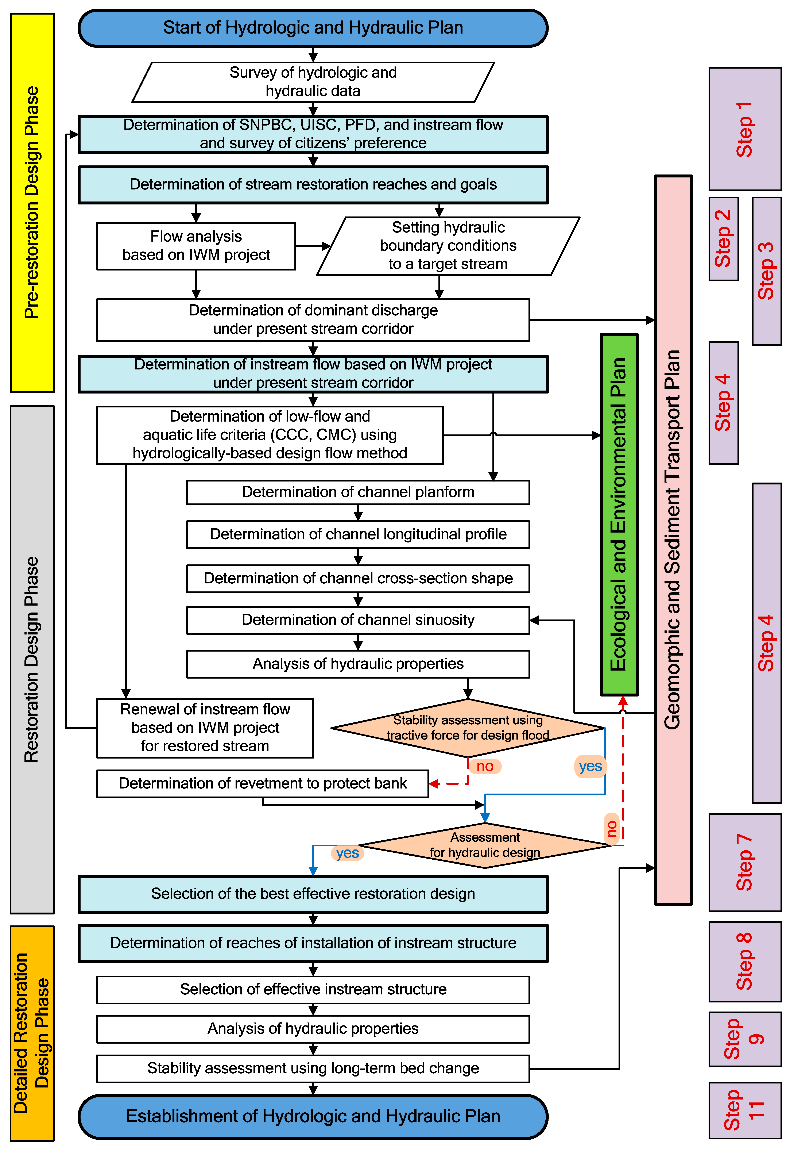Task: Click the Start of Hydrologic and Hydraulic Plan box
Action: (313, 28)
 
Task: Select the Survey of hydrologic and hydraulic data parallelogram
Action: (313, 82)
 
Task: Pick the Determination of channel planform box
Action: (358, 492)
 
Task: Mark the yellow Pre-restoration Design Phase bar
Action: (32, 203)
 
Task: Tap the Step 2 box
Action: (723, 239)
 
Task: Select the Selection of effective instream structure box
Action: (313, 990)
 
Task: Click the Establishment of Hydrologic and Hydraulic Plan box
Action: (313, 1116)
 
